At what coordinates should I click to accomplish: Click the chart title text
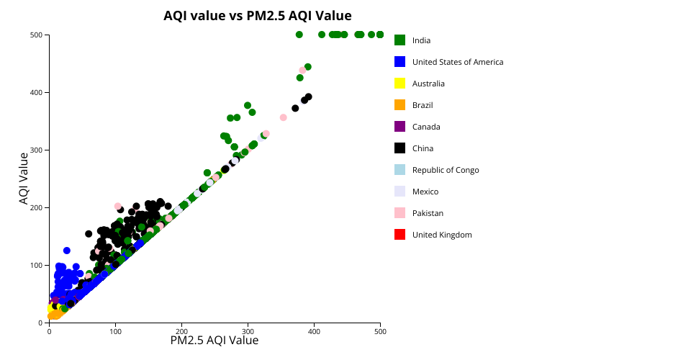257,15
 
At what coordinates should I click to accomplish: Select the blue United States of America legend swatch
399,62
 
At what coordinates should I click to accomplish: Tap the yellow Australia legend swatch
399,84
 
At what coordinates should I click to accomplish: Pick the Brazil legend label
423,105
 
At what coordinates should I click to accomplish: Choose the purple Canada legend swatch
399,127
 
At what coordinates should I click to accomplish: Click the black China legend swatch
399,148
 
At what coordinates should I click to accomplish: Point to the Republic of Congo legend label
446,170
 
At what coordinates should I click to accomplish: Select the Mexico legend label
425,192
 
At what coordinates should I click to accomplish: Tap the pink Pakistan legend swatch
399,213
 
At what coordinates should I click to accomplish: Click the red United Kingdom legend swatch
399,235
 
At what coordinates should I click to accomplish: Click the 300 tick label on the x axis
248,331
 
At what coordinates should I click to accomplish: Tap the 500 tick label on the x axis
380,331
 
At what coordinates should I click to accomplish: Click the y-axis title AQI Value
24,178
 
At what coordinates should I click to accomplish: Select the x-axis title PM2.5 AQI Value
214,341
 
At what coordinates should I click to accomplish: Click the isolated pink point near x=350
283,117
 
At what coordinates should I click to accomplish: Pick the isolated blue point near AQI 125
67,251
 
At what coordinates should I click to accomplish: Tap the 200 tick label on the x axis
181,331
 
